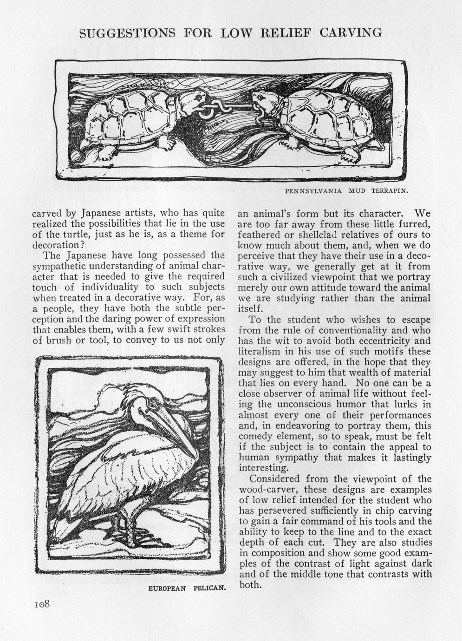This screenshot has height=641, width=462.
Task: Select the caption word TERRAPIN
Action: [389, 190]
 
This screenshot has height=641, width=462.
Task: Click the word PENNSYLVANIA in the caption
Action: [313, 190]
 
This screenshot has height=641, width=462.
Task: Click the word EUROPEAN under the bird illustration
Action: [167, 588]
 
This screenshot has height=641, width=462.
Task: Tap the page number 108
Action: [42, 604]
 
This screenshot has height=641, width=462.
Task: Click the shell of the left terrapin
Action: [130, 116]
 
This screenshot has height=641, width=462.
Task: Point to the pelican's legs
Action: [125, 523]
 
